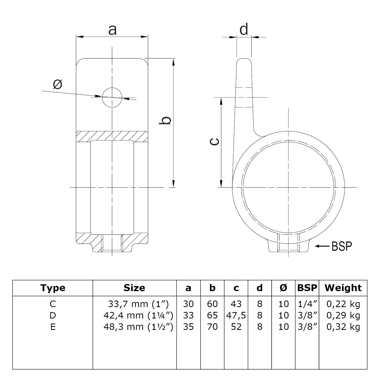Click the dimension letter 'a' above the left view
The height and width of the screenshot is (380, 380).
tap(112, 30)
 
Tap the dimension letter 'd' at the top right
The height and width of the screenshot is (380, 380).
tap(244, 29)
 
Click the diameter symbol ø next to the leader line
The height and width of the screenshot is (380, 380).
tap(58, 84)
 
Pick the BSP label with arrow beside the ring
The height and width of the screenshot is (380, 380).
tap(334, 246)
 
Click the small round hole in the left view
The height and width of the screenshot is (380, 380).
tap(112, 97)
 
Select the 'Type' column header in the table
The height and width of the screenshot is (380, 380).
tap(53, 288)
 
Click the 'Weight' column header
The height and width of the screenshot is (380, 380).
tap(343, 288)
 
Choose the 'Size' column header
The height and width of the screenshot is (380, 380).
tap(134, 288)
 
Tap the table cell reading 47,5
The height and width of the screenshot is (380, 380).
tap(236, 315)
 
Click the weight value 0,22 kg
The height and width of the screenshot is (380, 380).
tap(343, 304)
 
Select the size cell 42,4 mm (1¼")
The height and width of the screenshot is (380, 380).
tap(138, 315)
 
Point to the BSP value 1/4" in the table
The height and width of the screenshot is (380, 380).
tap(307, 304)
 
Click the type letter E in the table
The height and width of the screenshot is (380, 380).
tap(53, 327)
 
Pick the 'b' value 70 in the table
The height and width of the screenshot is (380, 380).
tap(212, 327)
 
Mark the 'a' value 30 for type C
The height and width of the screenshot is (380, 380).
tap(188, 304)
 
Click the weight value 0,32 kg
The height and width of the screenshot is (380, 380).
tap(343, 327)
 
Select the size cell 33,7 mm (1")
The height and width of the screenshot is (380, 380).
tap(138, 304)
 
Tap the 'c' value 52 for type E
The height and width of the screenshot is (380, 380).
tap(236, 327)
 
